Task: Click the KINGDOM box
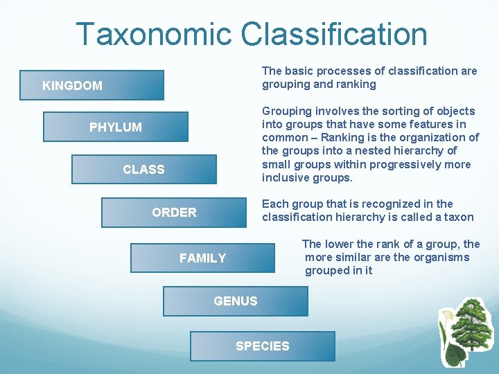(x=91, y=85)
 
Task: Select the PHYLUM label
(x=115, y=127)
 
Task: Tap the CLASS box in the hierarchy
(x=143, y=169)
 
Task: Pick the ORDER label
(x=174, y=212)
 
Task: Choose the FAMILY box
(x=202, y=258)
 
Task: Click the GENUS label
(x=236, y=301)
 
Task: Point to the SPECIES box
(x=263, y=346)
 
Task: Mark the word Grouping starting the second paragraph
(x=286, y=111)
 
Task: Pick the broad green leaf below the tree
(x=455, y=355)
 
